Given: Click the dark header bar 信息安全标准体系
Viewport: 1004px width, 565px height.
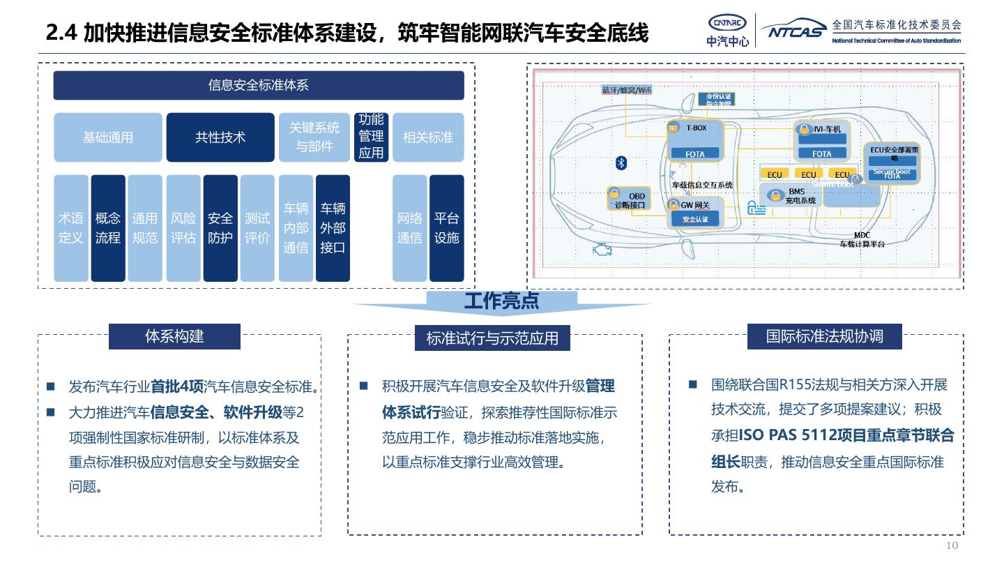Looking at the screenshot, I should tap(259, 86).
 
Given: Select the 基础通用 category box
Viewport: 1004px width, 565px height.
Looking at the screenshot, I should tap(108, 137).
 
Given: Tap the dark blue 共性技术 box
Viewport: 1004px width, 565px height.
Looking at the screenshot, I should tap(220, 137).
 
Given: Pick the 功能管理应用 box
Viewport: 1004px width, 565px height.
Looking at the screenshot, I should tap(371, 137).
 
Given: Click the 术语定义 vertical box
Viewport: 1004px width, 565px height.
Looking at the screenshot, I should tap(70, 228).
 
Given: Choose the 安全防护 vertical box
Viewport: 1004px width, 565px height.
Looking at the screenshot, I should tap(220, 228).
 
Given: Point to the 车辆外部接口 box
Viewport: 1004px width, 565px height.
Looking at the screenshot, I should tap(333, 228).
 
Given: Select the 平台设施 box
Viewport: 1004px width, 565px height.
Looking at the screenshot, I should tap(446, 228).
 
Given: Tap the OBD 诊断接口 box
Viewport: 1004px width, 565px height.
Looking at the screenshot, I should tap(629, 200).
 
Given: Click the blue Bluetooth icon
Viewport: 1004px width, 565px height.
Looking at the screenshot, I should tap(621, 163).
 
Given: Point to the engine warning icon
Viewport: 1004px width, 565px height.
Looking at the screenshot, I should tap(600, 249).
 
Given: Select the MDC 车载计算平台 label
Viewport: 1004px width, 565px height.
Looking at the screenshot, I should tap(862, 240).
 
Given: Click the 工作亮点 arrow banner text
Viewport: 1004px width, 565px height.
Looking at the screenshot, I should tap(501, 301).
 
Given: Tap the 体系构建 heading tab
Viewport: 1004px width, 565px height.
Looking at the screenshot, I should tap(174, 336).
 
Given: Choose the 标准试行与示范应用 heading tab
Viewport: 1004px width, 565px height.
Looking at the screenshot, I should tap(492, 338).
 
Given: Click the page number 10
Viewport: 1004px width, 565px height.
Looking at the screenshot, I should tap(952, 545).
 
